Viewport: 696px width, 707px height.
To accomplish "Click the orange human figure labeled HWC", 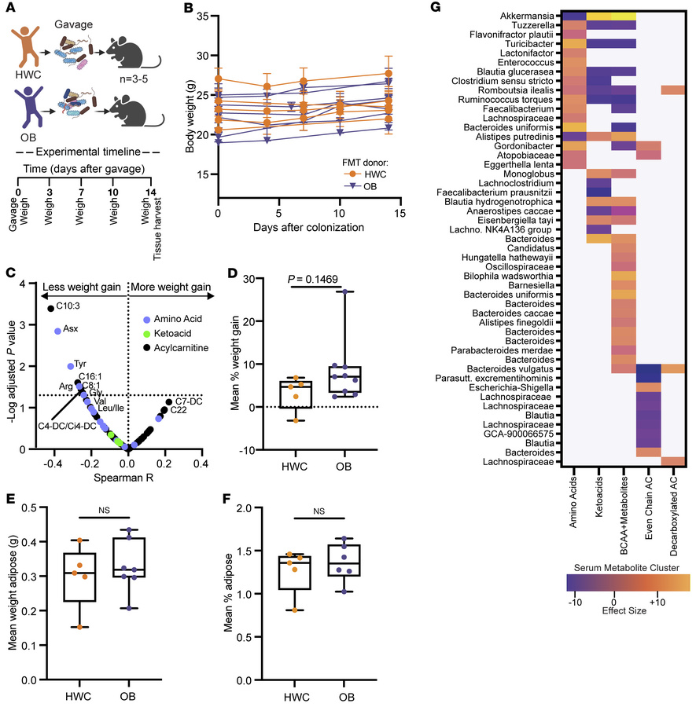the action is coord(25,46).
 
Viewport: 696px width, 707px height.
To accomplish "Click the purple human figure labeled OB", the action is coord(29,108).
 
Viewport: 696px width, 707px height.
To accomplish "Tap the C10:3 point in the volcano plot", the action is coord(51,309).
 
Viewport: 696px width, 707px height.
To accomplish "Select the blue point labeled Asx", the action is coord(57,331).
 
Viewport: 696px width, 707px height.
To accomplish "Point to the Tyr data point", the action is coord(71,366).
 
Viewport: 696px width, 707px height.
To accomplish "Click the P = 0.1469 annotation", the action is coord(312,280).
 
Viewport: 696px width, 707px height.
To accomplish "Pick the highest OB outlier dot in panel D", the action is coord(345,291).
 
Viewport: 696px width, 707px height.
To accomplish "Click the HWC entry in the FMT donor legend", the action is coord(366,174).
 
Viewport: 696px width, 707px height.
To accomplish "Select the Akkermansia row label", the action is coord(527,16).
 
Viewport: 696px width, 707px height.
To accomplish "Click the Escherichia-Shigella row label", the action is coord(511,388).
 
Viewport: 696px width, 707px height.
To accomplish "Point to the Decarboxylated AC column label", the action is coord(673,516).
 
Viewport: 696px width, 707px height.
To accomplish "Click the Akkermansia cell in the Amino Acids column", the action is coord(573,16).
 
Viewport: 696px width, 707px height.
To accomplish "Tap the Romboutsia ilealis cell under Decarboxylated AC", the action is coord(673,90).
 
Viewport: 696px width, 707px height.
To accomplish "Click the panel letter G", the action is coord(436,7).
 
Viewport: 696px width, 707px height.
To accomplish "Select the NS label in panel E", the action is coord(104,510).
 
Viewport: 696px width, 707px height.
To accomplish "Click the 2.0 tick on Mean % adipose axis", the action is coord(244,508).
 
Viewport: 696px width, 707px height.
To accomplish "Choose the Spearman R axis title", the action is coord(123,478).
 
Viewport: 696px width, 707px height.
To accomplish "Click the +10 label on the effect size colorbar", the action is coord(657,602).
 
